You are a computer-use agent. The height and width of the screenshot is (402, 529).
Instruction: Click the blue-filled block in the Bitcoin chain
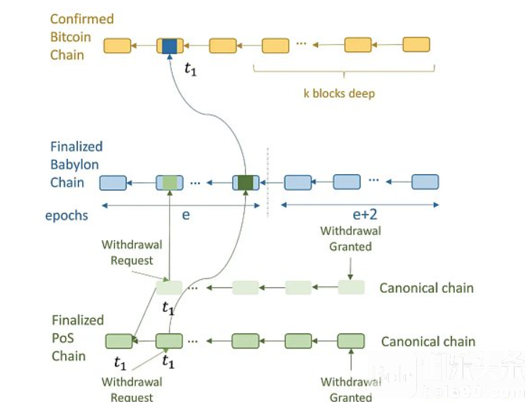(x=170, y=46)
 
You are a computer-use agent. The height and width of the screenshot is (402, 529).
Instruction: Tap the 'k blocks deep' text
(x=338, y=94)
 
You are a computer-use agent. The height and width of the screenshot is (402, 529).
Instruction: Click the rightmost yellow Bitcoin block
(x=416, y=45)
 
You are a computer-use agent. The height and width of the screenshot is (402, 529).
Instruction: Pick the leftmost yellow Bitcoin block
(x=117, y=46)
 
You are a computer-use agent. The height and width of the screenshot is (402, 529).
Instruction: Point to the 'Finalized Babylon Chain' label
(x=75, y=164)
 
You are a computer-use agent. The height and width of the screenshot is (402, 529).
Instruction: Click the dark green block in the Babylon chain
(x=246, y=182)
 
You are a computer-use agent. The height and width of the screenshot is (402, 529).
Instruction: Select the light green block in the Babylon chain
(x=170, y=182)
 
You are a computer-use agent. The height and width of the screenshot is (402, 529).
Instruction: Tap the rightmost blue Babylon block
(x=425, y=181)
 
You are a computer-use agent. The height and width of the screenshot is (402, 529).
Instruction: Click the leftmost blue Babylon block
(x=113, y=182)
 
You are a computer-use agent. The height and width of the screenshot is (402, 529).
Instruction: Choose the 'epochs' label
(x=66, y=215)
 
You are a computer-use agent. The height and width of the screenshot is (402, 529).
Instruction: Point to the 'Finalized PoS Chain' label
(x=78, y=338)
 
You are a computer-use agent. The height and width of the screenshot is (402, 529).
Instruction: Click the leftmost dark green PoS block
(x=119, y=341)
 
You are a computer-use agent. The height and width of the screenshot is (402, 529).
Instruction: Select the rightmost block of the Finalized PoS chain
(x=351, y=341)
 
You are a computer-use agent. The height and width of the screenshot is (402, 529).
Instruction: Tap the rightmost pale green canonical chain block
(x=351, y=287)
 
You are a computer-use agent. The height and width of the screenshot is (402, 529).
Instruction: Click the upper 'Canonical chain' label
(x=426, y=288)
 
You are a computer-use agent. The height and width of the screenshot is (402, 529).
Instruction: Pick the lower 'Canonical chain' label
(x=428, y=341)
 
